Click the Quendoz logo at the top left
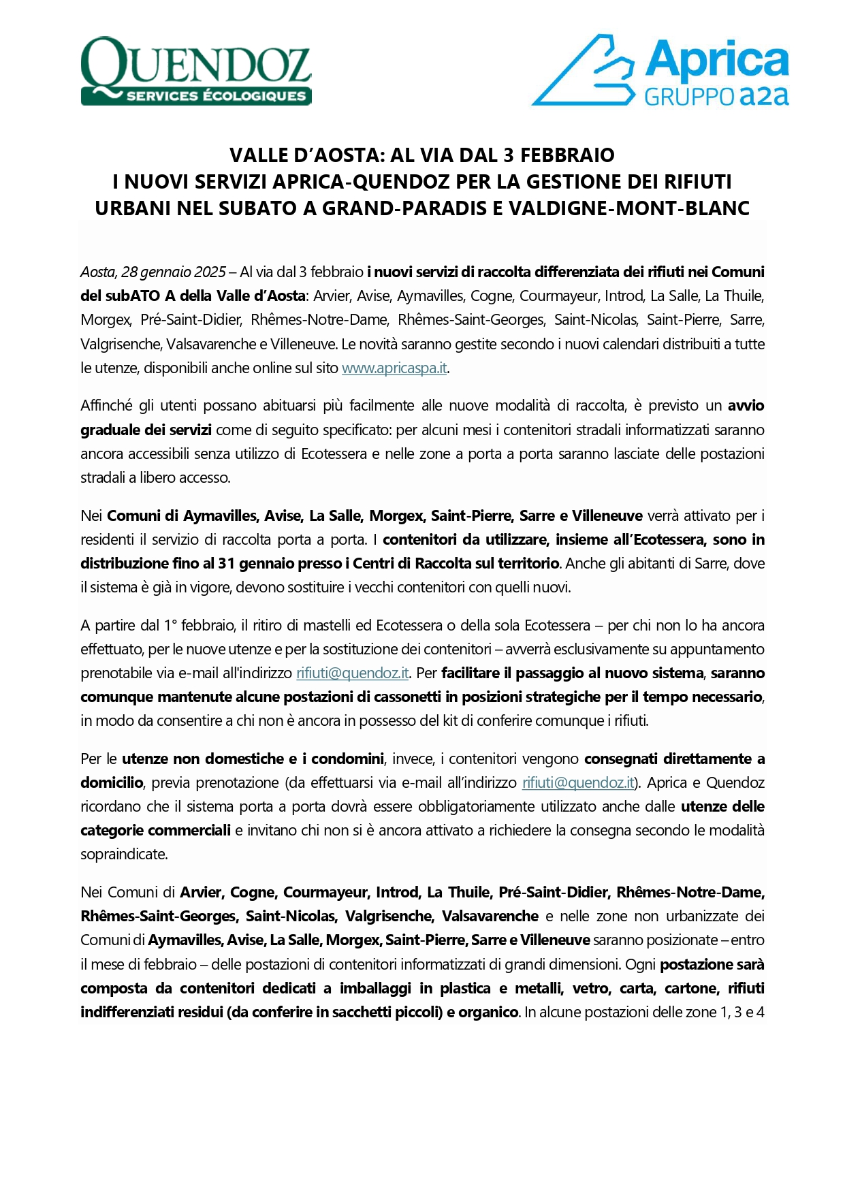(196, 71)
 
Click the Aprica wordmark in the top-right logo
(717, 61)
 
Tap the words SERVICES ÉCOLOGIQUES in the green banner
(216, 96)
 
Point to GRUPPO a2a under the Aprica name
(716, 96)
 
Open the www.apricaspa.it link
(394, 368)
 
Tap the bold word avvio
(746, 406)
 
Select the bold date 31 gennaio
(246, 564)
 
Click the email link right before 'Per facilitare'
(352, 673)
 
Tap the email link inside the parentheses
(578, 783)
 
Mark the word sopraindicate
(123, 854)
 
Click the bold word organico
(488, 1012)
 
